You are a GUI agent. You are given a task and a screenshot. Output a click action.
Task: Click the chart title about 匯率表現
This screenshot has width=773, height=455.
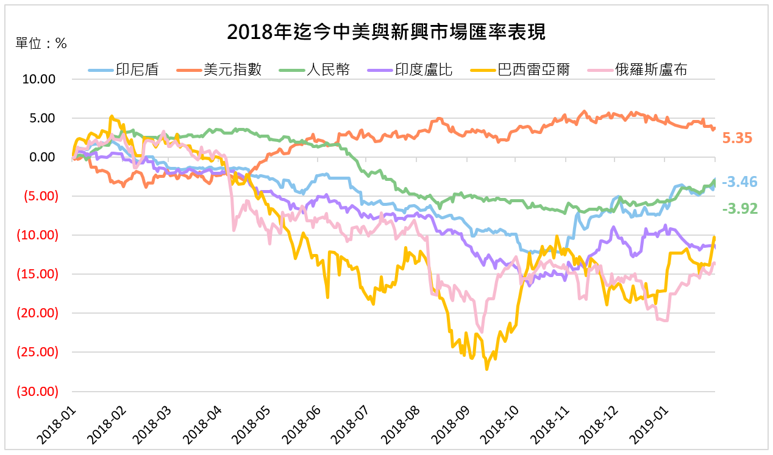pyautogui.click(x=386, y=32)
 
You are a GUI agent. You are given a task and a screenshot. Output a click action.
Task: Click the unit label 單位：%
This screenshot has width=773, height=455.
pyautogui.click(x=41, y=43)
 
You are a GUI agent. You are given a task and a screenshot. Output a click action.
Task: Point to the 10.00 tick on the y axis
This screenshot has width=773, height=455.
pyautogui.click(x=39, y=79)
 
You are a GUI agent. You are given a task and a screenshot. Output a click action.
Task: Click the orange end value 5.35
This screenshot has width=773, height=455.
pyautogui.click(x=737, y=138)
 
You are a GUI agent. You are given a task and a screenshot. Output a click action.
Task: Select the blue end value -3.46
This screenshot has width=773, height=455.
pyautogui.click(x=739, y=182)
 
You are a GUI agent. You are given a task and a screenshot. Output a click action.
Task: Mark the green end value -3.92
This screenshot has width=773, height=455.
pyautogui.click(x=739, y=209)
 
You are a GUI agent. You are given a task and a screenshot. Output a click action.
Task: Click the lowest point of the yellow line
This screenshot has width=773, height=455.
pyautogui.click(x=486, y=369)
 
